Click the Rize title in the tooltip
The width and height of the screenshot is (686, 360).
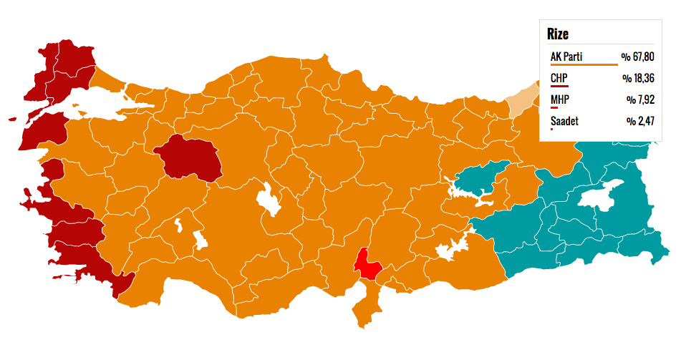click(x=558, y=34)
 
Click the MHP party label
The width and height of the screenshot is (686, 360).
click(x=561, y=99)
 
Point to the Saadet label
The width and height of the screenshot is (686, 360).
click(x=564, y=121)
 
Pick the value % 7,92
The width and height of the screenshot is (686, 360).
click(x=641, y=99)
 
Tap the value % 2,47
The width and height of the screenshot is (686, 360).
click(x=641, y=121)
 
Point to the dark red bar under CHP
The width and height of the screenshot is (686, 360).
click(x=559, y=87)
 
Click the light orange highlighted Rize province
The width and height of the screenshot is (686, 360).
click(x=521, y=103)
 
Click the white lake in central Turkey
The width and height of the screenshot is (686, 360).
click(x=271, y=200)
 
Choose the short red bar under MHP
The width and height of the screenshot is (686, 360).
click(x=554, y=108)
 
